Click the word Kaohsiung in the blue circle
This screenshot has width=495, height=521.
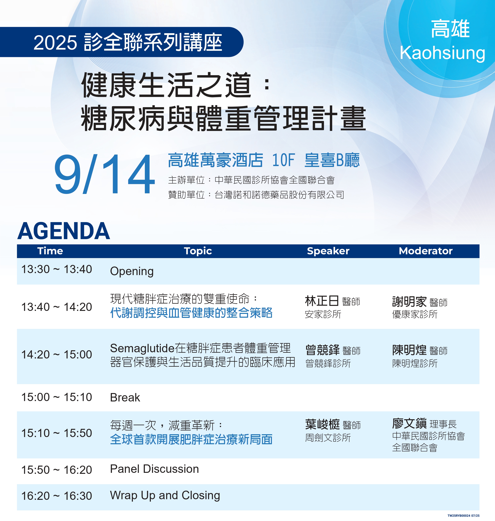pos(443,53)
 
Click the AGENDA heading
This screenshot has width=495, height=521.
pos(64,231)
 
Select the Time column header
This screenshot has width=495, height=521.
pos(50,251)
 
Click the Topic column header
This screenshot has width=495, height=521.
pos(198,251)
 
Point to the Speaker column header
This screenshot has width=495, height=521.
pos(328,251)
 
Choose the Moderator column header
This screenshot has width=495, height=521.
pos(426,251)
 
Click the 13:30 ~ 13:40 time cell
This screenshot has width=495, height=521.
pos(56,269)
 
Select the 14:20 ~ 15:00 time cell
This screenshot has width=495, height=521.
pos(56,355)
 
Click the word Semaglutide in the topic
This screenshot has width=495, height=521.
pos(142,349)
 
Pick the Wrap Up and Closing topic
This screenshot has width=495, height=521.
pos(165,496)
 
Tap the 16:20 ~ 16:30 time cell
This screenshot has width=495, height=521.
pos(56,496)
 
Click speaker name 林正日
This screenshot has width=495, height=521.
pos(322,301)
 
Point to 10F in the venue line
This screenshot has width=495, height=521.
pos(283,160)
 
